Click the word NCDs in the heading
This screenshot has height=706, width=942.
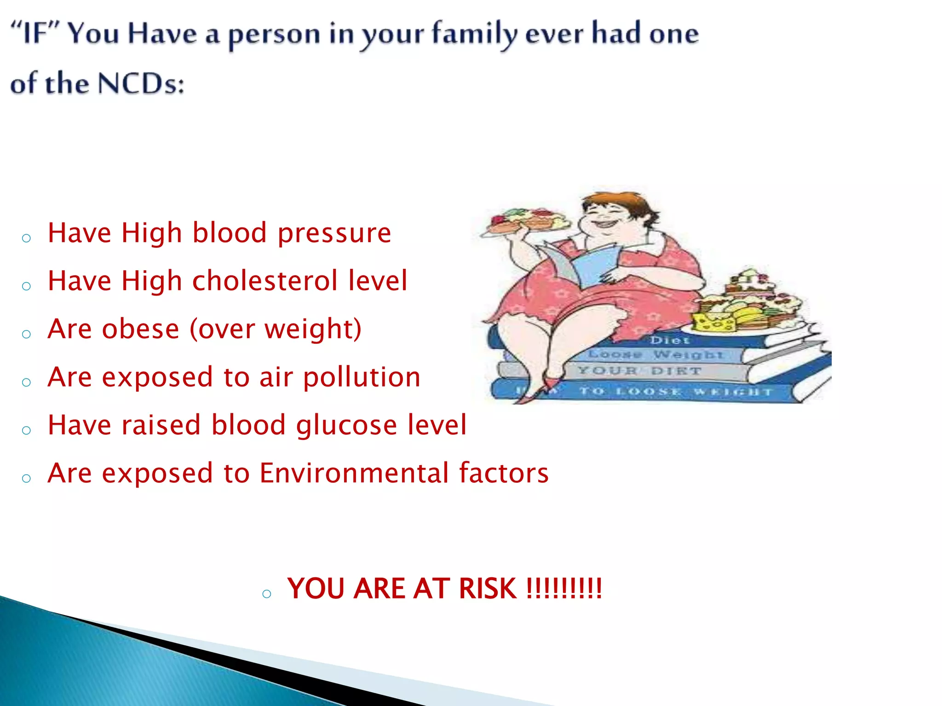point(141,84)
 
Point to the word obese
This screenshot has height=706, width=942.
point(140,329)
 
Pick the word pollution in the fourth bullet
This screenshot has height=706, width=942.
point(362,377)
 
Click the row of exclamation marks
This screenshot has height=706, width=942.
point(564,589)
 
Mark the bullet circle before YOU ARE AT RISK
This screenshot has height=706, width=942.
point(266,594)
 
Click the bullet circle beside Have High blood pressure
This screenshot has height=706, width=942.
point(26,238)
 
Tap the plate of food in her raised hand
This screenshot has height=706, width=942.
point(524,221)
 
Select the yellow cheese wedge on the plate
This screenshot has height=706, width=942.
point(713,322)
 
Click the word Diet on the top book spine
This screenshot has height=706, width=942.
point(669,341)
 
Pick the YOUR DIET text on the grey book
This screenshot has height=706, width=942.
point(639,370)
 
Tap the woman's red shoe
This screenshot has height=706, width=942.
point(547,386)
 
